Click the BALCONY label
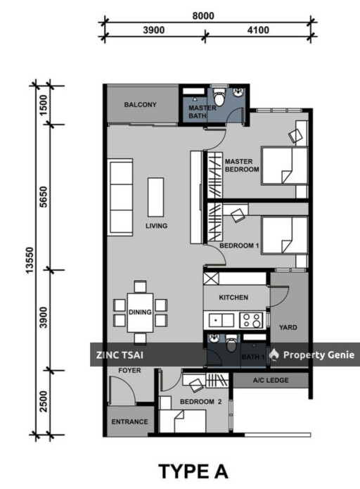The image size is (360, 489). [x=140, y=105]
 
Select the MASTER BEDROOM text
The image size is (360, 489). [x=242, y=165]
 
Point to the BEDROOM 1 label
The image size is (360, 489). [x=240, y=246]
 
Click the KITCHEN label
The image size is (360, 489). [x=233, y=298]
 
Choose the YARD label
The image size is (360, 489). [x=288, y=327]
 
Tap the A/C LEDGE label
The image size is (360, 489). [x=270, y=382]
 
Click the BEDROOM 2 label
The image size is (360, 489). [x=200, y=402]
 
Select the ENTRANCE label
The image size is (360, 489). [x=129, y=422]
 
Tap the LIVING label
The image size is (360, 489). [x=156, y=226]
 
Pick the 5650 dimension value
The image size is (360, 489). [x=43, y=197]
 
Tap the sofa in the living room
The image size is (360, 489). [x=121, y=190]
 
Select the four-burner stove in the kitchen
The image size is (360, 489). [x=252, y=320]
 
